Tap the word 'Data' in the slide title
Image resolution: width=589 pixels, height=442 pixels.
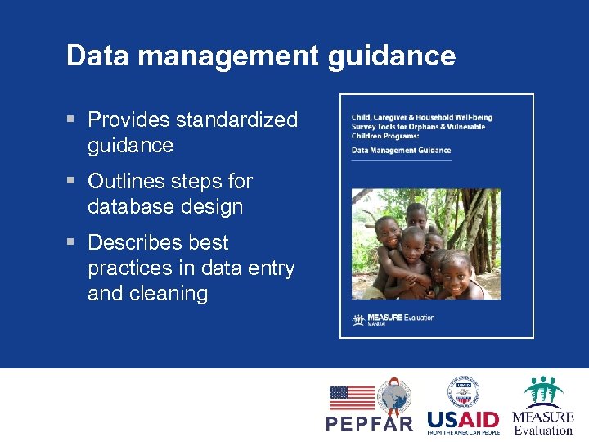tap(92, 56)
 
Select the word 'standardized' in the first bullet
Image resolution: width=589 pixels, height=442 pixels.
tap(237, 120)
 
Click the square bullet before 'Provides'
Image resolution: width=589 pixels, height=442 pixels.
tap(72, 120)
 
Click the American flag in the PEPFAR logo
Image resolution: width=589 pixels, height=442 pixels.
tap(351, 398)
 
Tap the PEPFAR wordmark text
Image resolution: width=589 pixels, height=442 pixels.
tap(370, 423)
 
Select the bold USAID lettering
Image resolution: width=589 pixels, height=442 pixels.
tap(462, 419)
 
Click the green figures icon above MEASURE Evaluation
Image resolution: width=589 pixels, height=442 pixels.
tap(544, 391)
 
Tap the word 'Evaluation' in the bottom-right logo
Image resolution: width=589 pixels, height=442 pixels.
tap(543, 431)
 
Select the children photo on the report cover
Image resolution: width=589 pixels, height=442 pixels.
tap(425, 244)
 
